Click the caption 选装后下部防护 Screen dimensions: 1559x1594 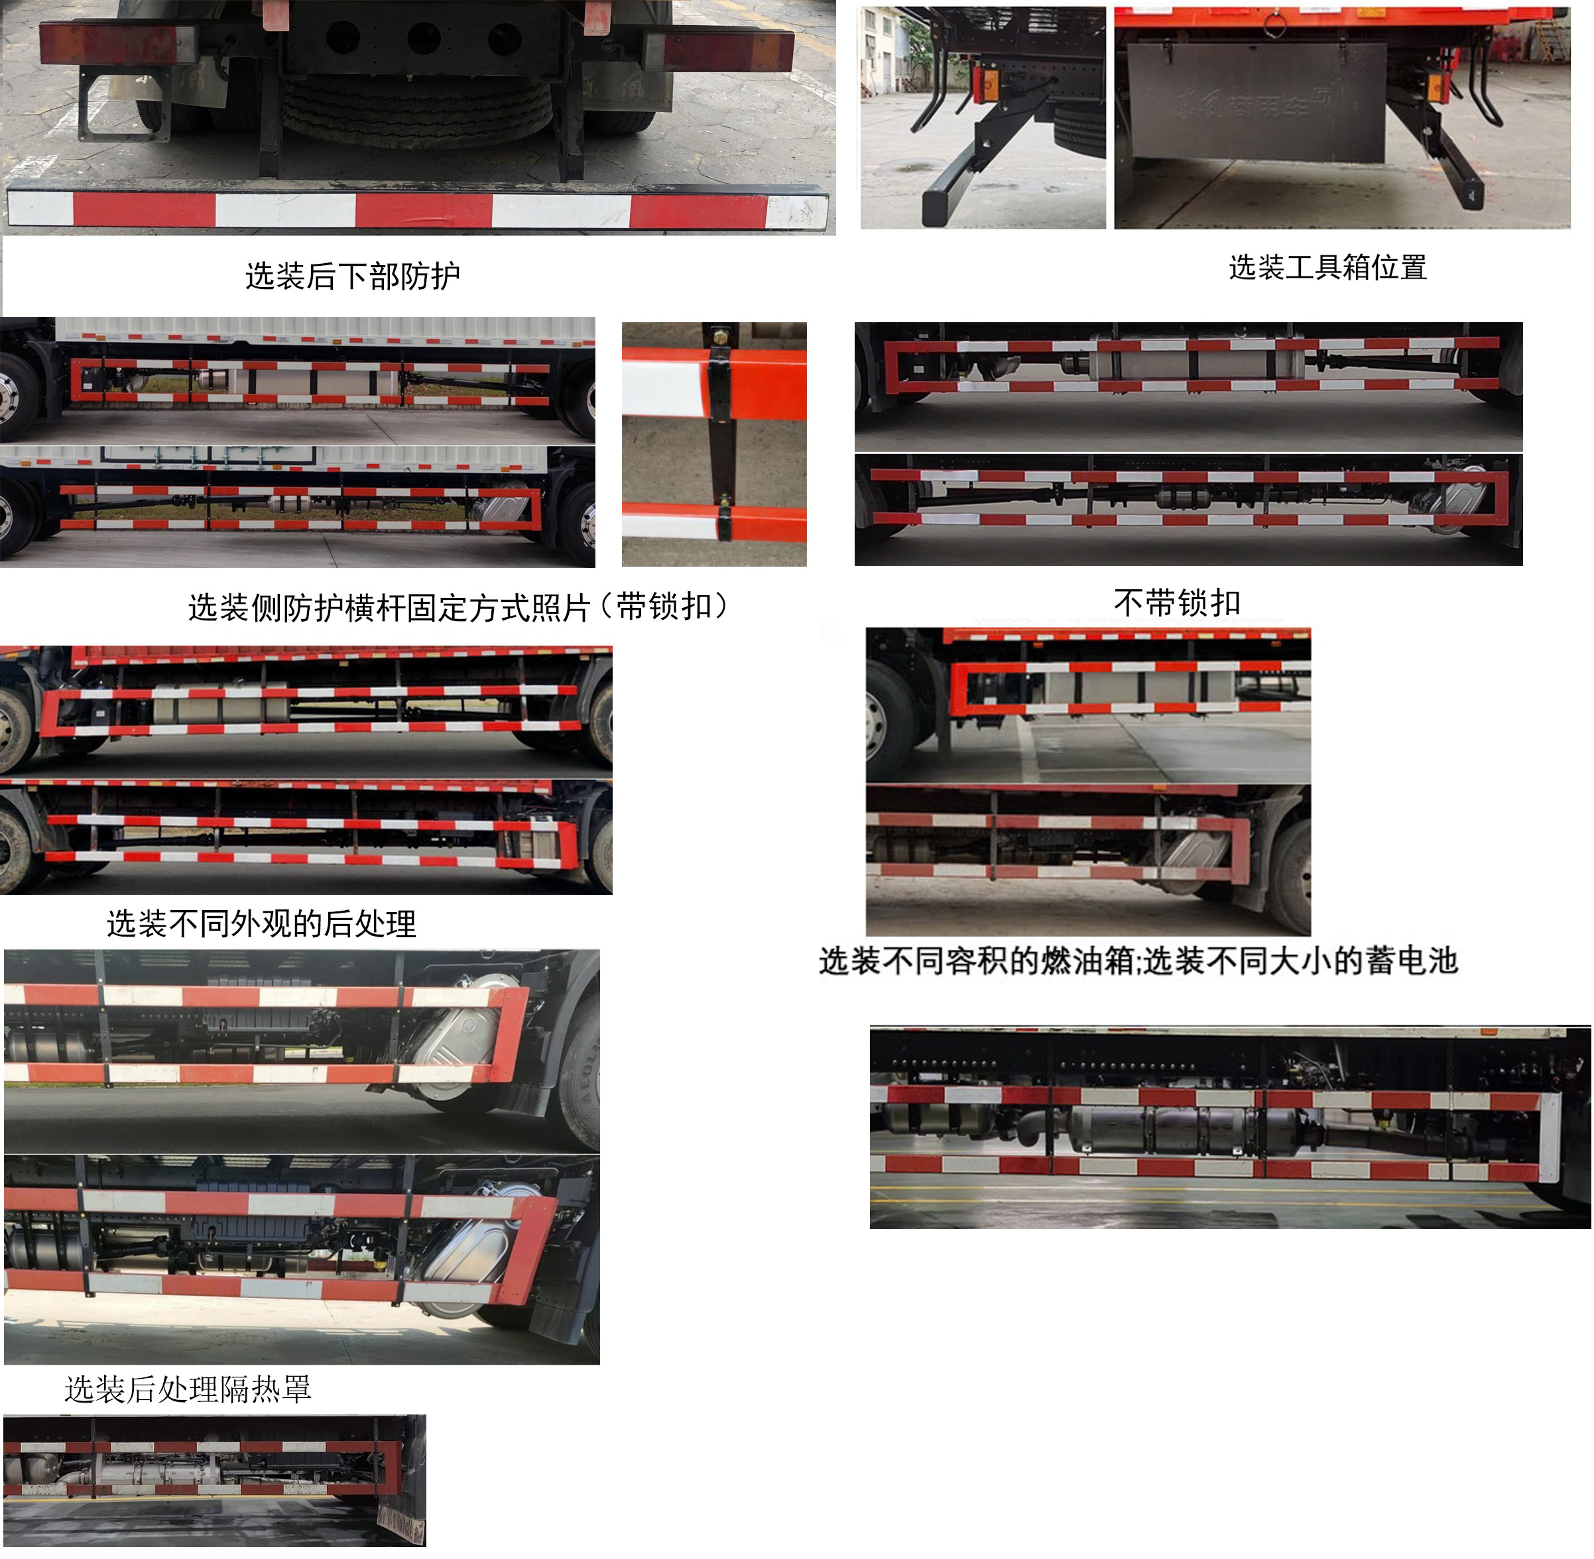pyautogui.click(x=352, y=276)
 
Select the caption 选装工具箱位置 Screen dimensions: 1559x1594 pyautogui.click(x=1327, y=268)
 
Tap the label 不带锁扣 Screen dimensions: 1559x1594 pyautogui.click(x=1176, y=603)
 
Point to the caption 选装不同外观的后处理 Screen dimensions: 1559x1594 pyautogui.click(x=261, y=923)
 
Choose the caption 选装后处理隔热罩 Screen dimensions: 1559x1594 pyautogui.click(x=188, y=1389)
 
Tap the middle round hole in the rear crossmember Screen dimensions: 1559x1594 pyautogui.click(x=424, y=37)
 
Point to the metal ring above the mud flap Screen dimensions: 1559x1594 pyautogui.click(x=1273, y=25)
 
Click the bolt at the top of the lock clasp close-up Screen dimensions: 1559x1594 pyautogui.click(x=720, y=335)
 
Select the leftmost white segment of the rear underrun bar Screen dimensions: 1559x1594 pyautogui.click(x=41, y=209)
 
